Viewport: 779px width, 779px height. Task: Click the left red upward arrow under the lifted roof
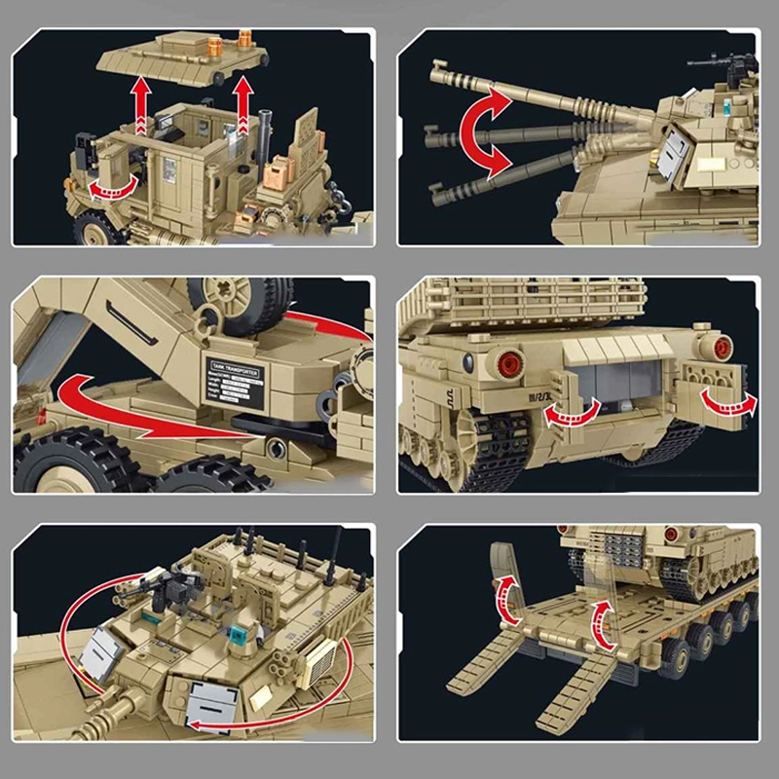[x=143, y=106]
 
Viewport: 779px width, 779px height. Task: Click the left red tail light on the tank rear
[x=508, y=364]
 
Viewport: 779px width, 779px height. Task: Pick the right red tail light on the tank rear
[x=721, y=347]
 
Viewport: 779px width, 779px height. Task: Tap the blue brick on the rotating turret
[x=235, y=632]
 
